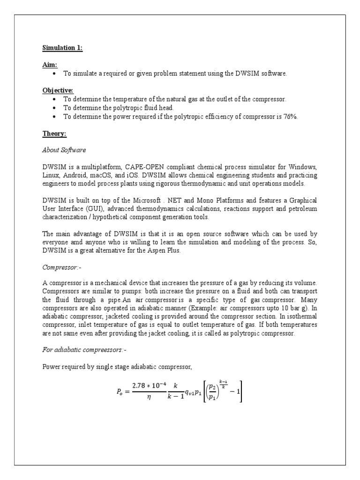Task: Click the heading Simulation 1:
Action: (x=62, y=48)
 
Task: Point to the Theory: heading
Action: (x=54, y=134)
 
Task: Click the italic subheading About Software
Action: (x=64, y=150)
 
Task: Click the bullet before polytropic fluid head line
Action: (x=55, y=108)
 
